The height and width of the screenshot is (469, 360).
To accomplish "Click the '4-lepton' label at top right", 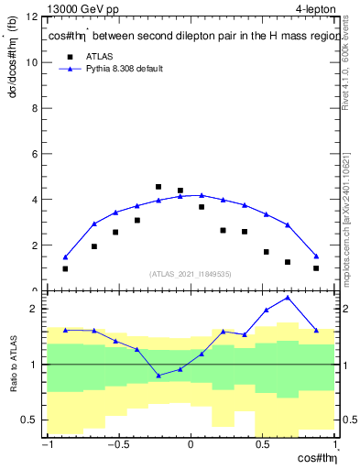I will [317, 9].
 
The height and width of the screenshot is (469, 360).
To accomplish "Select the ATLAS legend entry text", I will [100, 56].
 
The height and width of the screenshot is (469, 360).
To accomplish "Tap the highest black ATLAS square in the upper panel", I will [158, 187].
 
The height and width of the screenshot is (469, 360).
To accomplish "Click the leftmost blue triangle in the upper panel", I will [65, 257].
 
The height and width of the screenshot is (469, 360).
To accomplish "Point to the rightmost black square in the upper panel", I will [316, 268].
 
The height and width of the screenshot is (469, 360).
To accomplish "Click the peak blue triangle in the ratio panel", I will [288, 298].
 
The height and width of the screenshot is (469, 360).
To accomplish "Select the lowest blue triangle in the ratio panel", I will [158, 376].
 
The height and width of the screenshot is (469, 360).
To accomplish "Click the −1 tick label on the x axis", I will [46, 446].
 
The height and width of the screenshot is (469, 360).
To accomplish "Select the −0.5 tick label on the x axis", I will [117, 446].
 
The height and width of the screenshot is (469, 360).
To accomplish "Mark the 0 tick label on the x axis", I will [191, 446].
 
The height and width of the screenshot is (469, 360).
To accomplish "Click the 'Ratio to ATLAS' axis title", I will [12, 365].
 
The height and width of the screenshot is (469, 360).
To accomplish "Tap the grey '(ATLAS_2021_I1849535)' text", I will [191, 274].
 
